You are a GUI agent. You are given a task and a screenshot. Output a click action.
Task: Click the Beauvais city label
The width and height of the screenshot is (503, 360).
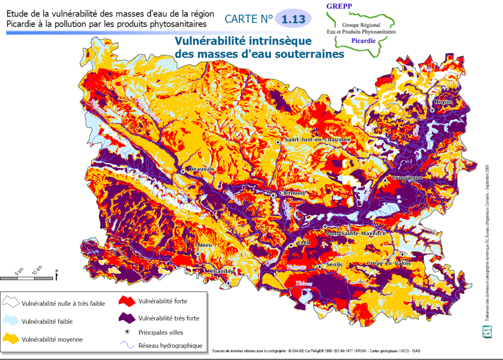coord(202,169)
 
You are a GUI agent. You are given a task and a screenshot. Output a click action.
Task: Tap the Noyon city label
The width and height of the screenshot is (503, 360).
coord(443,102)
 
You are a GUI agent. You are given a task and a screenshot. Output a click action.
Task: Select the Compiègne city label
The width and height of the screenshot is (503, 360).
coord(407,178)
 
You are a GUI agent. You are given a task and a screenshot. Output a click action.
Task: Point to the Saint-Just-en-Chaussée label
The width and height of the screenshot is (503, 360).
coord(317,140)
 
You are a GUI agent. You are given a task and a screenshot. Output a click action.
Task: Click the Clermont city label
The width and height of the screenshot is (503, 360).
coord(292,193)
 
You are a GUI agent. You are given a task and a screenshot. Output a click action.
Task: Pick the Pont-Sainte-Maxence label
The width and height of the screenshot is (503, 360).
coord(356,234)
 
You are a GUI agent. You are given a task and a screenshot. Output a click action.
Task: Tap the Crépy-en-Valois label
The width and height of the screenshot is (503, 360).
coord(388,263)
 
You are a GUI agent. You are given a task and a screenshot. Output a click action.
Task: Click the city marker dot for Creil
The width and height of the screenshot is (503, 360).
coord(291,246)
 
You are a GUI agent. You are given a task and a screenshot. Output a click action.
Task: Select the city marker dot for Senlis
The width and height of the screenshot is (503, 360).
coord(320,266)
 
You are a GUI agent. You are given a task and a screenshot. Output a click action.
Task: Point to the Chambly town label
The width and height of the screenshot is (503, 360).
coord(222,271)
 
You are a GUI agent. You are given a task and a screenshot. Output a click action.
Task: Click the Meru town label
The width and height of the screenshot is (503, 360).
coord(205,246)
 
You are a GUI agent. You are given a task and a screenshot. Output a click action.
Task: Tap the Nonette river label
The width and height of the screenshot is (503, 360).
coord(297,267)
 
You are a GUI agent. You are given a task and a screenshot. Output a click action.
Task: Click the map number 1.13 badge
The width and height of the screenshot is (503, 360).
coord(293,19)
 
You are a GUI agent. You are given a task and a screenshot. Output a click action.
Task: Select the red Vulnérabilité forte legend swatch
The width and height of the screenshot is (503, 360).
coord(127,301)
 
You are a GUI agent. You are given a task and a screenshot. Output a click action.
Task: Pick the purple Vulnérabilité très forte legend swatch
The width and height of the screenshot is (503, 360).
coord(127,318)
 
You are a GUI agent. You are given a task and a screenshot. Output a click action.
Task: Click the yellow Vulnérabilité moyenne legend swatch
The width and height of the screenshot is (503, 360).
coord(11,338)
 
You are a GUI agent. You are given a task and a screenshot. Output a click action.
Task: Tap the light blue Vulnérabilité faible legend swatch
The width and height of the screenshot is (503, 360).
coord(11,320)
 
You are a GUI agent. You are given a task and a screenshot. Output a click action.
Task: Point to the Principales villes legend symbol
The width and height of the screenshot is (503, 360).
coord(127,332)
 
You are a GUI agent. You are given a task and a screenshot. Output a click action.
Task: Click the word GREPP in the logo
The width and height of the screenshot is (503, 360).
coord(339,6)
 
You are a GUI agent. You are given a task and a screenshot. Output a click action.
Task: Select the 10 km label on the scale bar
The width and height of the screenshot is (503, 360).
coord(37,270)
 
